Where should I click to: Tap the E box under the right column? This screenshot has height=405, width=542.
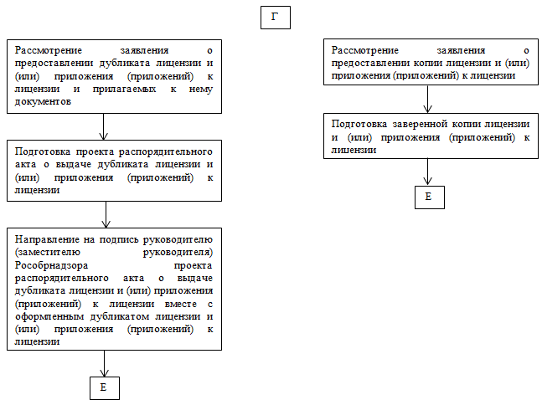pyautogui.click(x=429, y=197)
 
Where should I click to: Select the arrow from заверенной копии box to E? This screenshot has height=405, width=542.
pyautogui.click(x=428, y=171)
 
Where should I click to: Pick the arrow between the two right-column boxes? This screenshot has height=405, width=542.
pyautogui.click(x=428, y=99)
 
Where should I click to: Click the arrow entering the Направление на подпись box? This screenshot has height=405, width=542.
pyautogui.click(x=105, y=214)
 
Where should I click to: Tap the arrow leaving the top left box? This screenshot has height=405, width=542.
pyautogui.click(x=103, y=126)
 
